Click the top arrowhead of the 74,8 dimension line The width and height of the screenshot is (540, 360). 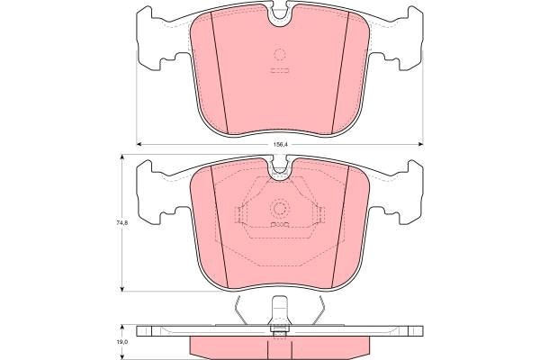pos(121,158)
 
